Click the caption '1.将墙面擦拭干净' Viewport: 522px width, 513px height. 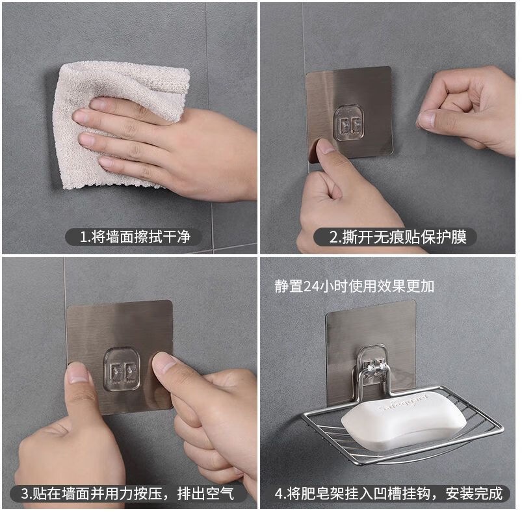(x=135, y=237)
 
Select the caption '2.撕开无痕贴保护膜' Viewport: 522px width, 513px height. (x=398, y=237)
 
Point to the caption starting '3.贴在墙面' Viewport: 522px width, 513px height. (x=128, y=493)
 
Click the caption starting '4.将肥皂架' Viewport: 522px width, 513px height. (x=389, y=493)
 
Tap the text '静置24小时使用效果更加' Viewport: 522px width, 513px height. (x=354, y=286)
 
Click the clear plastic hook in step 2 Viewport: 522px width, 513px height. (x=348, y=123)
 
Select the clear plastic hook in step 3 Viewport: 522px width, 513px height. (x=122, y=369)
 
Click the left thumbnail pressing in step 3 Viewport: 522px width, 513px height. (x=77, y=373)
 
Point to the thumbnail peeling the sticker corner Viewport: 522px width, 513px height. (x=325, y=146)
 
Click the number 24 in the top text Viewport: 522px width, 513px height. (x=311, y=287)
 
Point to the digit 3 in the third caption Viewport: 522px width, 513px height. (x=25, y=493)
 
